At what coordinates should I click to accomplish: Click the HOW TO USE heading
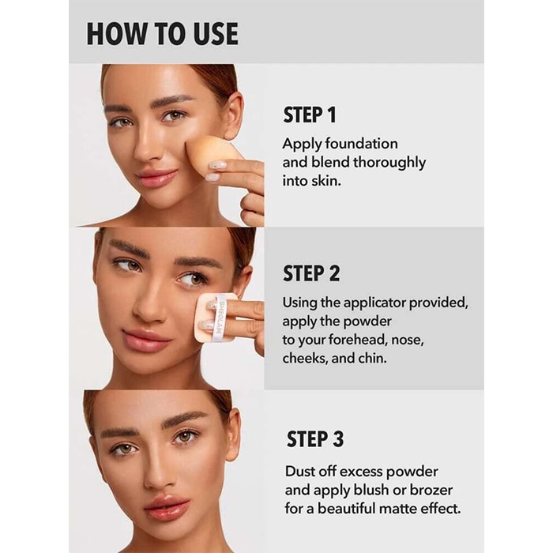(162, 33)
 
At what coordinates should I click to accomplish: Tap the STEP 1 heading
(310, 115)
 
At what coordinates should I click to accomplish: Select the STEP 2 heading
(311, 273)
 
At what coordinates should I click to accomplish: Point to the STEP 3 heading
(315, 439)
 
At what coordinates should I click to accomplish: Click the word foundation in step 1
(362, 144)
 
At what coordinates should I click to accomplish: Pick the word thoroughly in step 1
(389, 163)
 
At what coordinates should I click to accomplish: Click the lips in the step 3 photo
(167, 507)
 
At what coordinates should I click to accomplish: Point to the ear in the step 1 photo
(232, 115)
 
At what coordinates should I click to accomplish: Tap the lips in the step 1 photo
(157, 178)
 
